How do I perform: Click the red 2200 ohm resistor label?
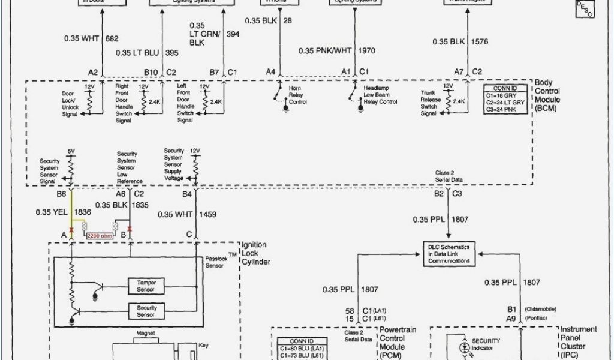[100, 235]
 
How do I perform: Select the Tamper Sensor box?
[146, 286]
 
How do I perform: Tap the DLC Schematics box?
[448, 253]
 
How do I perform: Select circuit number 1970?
[366, 51]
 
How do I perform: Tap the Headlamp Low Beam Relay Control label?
[380, 95]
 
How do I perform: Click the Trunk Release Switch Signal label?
[429, 103]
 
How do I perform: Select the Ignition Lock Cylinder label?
[254, 253]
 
